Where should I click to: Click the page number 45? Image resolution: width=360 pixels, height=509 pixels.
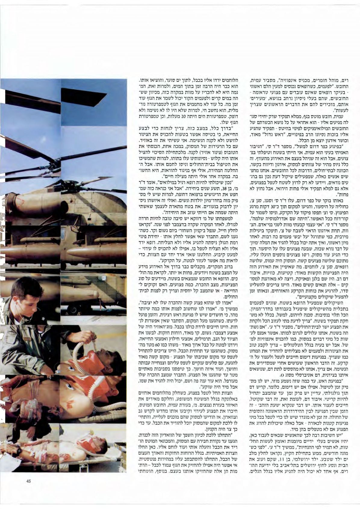point(29,481)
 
